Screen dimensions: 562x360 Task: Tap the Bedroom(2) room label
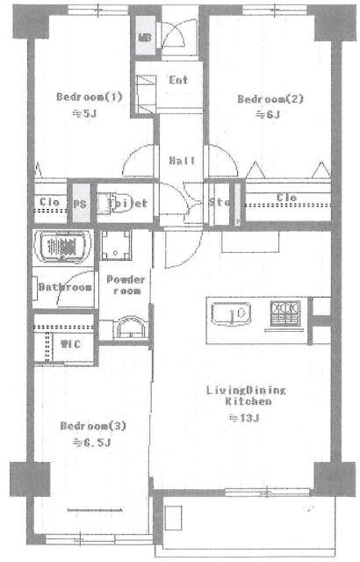[x=270, y=99]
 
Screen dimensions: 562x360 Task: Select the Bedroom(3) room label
[x=94, y=426]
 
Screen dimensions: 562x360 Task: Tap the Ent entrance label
[x=179, y=80]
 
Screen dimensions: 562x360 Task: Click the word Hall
[x=181, y=160]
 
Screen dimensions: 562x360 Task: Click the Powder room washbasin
[x=129, y=327]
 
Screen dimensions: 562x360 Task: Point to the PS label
[x=81, y=202]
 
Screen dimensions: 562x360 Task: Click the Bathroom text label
[x=65, y=287]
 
